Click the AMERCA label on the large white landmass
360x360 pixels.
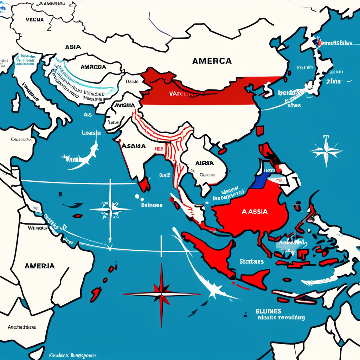(x=212, y=61)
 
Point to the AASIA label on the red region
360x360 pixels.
(x=255, y=212)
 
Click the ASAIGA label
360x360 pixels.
(x=133, y=146)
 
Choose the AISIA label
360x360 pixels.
(x=204, y=163)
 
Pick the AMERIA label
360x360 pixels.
(x=40, y=266)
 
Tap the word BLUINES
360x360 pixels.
(x=268, y=311)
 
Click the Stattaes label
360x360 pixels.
(x=251, y=262)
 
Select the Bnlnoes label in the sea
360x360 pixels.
(x=151, y=205)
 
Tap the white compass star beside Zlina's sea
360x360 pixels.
(x=326, y=152)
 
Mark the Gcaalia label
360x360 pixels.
(x=207, y=174)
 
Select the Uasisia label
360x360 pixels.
(x=91, y=133)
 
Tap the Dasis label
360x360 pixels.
(x=132, y=82)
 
